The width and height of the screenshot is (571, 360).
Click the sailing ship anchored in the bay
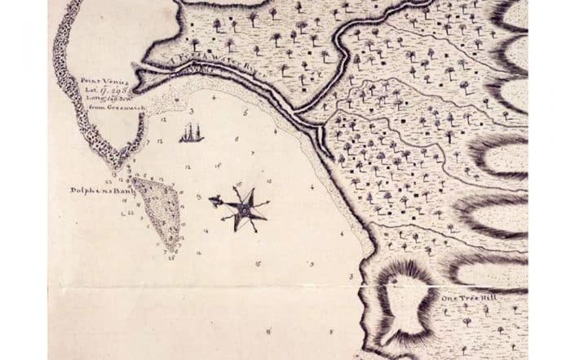tap(191, 133)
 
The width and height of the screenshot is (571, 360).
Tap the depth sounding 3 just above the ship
tap(189, 109)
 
